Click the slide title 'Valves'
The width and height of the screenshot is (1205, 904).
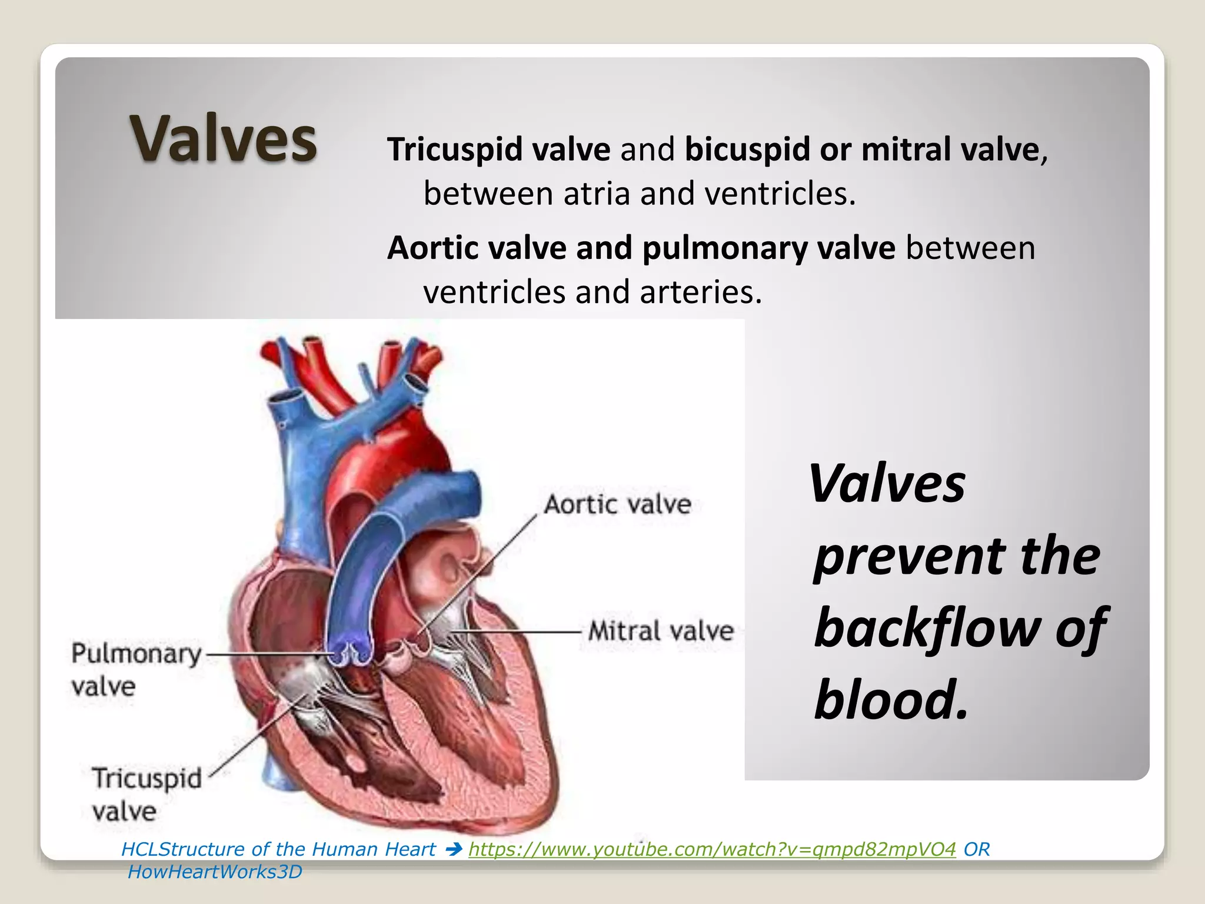pos(224,139)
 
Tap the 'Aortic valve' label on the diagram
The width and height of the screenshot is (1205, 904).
pos(617,504)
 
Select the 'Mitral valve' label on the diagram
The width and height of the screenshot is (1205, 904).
pos(661,631)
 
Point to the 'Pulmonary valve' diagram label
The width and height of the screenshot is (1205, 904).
pos(135,669)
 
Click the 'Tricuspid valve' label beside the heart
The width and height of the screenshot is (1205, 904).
pos(147,794)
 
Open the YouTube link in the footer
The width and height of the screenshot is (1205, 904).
pos(712,849)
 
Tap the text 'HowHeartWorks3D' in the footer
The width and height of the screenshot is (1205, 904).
pos(215,872)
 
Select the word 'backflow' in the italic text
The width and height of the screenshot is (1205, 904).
pos(927,627)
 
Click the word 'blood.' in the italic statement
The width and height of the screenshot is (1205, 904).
pos(891,700)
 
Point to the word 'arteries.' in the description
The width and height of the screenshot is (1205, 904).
pos(700,292)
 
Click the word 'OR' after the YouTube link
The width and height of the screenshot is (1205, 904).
pos(977,849)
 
